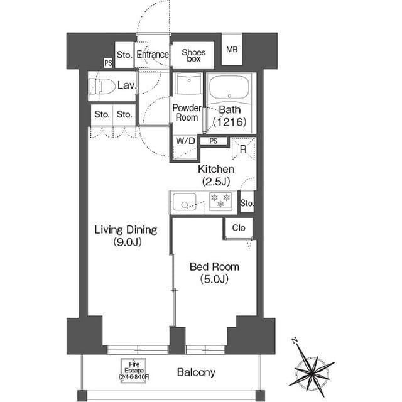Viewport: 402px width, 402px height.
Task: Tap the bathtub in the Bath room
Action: [x=229, y=87]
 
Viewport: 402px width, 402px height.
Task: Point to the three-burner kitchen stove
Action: [x=220, y=201]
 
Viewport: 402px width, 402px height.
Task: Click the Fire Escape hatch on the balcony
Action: [x=134, y=371]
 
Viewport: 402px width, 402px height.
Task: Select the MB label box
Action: [x=232, y=49]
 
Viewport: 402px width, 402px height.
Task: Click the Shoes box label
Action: [x=193, y=55]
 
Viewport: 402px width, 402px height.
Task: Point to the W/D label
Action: [x=185, y=141]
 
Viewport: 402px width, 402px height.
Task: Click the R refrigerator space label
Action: [x=243, y=149]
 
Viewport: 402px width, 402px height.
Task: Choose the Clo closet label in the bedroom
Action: [x=239, y=227]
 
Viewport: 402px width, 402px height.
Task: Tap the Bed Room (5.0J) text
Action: [x=214, y=273]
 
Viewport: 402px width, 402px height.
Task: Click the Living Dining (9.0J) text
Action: [x=126, y=236]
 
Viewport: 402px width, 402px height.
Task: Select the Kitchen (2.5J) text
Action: [x=216, y=175]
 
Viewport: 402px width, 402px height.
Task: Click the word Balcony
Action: [x=196, y=372]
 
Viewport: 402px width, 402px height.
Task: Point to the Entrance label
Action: [x=153, y=55]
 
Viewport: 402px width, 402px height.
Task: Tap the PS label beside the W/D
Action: [x=214, y=141]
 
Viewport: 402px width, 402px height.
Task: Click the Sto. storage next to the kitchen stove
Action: [x=247, y=203]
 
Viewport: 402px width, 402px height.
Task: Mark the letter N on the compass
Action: [x=295, y=340]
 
